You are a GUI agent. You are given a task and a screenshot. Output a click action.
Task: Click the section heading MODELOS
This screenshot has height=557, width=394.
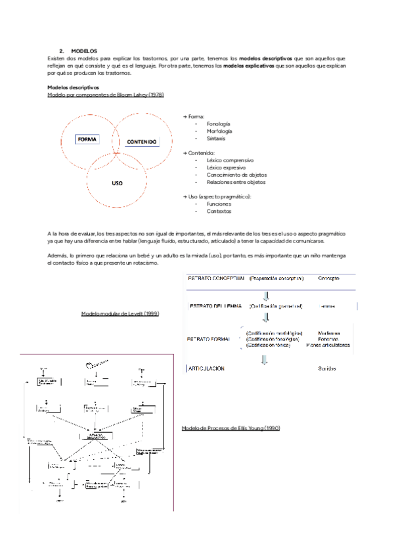pos(83,51)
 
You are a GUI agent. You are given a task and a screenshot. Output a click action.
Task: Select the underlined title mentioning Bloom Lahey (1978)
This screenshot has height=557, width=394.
pos(106,95)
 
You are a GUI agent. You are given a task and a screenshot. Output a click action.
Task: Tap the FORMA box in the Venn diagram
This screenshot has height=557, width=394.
pos(87,139)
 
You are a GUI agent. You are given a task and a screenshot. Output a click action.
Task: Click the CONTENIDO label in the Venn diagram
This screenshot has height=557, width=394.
pos(142,141)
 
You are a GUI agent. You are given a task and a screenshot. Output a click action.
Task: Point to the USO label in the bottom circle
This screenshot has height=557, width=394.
pos(117,183)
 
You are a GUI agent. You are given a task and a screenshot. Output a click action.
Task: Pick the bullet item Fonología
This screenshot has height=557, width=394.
pos(218,123)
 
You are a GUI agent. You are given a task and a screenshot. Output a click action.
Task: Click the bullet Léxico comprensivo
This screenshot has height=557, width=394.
pos(230,160)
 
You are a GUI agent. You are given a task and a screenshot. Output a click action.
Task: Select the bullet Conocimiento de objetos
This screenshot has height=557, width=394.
pos(236,175)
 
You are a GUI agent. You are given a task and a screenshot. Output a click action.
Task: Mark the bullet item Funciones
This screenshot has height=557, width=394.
pos(219,204)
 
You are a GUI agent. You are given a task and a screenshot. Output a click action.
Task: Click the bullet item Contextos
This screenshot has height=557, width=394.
pos(219,212)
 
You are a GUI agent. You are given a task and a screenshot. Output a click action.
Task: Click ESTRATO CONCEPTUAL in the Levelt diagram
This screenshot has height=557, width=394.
pos(217,278)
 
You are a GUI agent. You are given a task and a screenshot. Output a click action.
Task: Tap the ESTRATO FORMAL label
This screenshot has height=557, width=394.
pos(213,338)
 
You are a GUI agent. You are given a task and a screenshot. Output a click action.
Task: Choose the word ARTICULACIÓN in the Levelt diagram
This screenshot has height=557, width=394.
pos(208,368)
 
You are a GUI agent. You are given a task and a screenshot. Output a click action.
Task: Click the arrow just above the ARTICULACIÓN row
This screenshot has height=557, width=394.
pos(265,358)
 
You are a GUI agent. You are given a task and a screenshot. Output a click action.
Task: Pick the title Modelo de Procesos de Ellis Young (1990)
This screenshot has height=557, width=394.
pos(230,428)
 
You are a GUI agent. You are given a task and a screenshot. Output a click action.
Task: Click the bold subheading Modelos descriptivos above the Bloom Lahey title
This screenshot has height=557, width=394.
pos(73,87)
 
